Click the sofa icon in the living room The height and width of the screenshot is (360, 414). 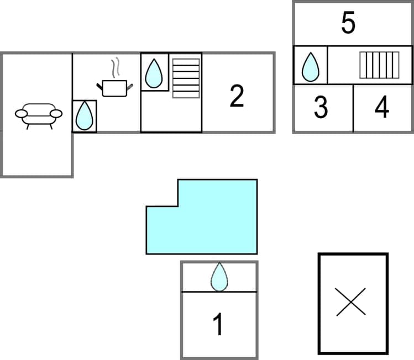click(38, 115)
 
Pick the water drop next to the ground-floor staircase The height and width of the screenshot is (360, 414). click(154, 72)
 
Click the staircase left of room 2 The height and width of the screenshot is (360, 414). click(186, 78)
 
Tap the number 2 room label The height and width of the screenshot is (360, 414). click(237, 97)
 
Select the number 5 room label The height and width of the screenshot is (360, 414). click(348, 24)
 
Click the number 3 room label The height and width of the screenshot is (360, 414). click(321, 108)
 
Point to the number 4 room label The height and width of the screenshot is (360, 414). click(381, 108)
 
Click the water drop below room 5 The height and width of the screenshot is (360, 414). click(311, 66)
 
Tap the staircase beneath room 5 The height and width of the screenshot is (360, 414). click(379, 65)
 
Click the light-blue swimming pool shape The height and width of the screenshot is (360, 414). click(210, 221)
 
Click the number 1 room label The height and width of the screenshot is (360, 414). click(219, 325)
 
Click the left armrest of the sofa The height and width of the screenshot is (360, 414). click(21, 114)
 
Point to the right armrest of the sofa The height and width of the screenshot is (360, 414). click(56, 113)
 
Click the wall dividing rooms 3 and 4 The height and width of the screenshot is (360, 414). click(353, 108)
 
